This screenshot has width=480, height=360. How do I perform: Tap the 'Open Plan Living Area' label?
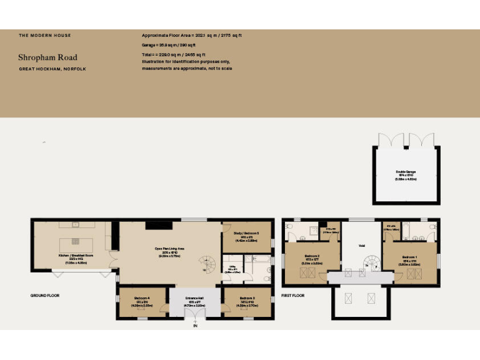click(x=169, y=248)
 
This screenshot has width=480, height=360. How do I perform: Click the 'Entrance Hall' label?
click(x=195, y=297)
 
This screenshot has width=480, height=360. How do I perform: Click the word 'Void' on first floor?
click(x=361, y=246)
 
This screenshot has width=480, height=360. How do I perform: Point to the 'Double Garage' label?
click(x=406, y=171)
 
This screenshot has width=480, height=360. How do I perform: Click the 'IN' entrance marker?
click(x=195, y=326)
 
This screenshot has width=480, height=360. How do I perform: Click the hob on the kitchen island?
click(x=75, y=241)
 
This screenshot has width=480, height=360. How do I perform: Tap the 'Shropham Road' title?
click(x=47, y=57)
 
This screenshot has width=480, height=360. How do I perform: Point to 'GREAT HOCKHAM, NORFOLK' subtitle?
click(x=52, y=69)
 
